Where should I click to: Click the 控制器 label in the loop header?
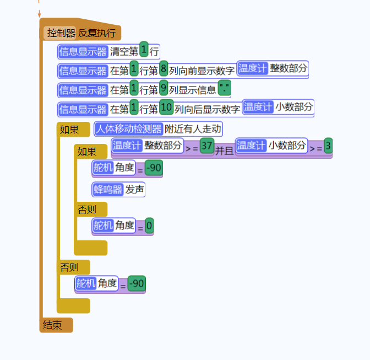(x=61, y=33)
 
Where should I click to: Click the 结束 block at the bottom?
(x=53, y=325)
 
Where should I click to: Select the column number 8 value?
(x=164, y=70)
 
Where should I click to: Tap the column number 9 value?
(x=164, y=89)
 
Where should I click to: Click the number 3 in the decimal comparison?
(x=328, y=146)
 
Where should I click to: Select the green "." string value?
(x=224, y=89)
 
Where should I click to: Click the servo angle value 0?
(x=149, y=225)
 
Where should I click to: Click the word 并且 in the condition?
(x=224, y=150)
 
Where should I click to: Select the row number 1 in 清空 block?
(x=144, y=51)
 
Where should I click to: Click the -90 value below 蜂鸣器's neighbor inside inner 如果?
(x=154, y=168)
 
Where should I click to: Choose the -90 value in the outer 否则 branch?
(x=137, y=284)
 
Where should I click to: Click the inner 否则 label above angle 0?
(x=86, y=209)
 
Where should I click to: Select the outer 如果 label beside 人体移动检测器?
(x=69, y=130)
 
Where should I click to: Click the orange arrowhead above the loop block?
(x=39, y=14)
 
